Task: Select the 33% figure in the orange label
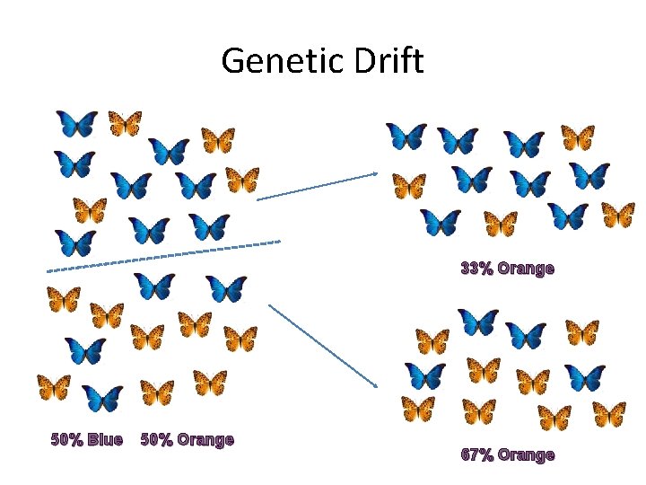pyautogui.click(x=476, y=268)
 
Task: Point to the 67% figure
pyautogui.click(x=476, y=454)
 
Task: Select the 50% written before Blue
pyautogui.click(x=65, y=439)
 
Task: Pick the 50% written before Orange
pyautogui.click(x=157, y=439)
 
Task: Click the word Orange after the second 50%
pyautogui.click(x=205, y=439)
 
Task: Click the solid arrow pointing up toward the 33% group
pyautogui.click(x=317, y=187)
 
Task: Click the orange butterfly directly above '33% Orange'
pyautogui.click(x=500, y=223)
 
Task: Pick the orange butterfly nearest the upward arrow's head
pyautogui.click(x=409, y=186)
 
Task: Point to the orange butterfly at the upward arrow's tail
pyautogui.click(x=242, y=180)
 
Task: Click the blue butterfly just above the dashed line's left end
pyautogui.click(x=75, y=242)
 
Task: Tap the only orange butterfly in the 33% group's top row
pyautogui.click(x=578, y=137)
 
